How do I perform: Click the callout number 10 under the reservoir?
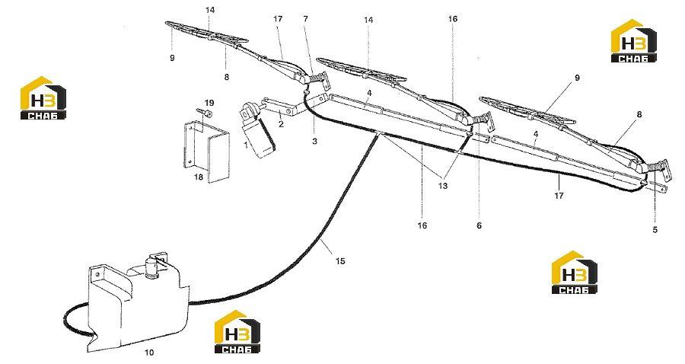149,353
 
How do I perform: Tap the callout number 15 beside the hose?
340,261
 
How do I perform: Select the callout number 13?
443,186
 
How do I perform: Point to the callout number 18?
199,178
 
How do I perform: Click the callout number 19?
209,103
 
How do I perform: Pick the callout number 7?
305,19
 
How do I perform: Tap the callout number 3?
314,142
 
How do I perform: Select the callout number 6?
479,225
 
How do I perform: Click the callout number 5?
655,229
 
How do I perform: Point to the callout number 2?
281,124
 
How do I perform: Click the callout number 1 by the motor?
246,145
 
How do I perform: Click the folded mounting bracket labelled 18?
206,151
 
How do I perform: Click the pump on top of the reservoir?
151,267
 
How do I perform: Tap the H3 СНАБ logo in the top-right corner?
633,40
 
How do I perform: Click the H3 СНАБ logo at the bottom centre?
237,331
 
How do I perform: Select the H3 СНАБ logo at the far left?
43,98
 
